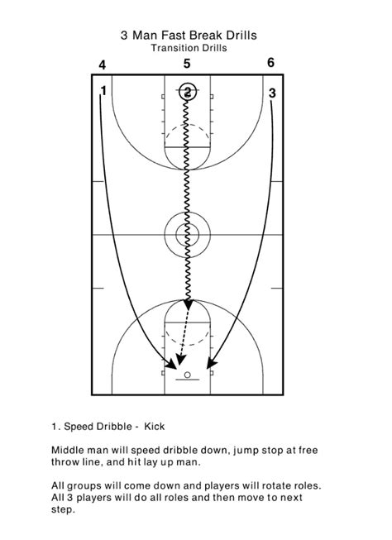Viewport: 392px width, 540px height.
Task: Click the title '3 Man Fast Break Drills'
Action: click(x=189, y=35)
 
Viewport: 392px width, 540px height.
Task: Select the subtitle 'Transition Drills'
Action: click(x=189, y=47)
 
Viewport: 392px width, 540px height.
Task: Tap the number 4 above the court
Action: click(x=103, y=65)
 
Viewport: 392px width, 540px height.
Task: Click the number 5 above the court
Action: click(x=187, y=64)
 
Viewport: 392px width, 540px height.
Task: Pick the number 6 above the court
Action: click(x=270, y=63)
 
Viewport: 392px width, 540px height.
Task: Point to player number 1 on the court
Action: click(x=103, y=91)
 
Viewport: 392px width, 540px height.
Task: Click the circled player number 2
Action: click(x=188, y=92)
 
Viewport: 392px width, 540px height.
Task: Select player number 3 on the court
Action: click(x=272, y=93)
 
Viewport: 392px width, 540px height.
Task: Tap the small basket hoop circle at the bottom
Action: click(x=188, y=375)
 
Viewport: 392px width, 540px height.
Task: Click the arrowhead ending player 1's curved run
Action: click(x=170, y=364)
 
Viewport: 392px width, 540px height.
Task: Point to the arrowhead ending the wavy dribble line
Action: click(x=188, y=304)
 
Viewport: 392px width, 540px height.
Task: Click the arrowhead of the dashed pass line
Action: click(x=179, y=360)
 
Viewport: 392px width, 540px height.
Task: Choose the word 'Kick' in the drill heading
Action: click(x=155, y=427)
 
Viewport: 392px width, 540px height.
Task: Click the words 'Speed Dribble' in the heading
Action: click(x=98, y=427)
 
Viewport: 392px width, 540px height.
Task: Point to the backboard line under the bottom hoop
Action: click(x=188, y=380)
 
